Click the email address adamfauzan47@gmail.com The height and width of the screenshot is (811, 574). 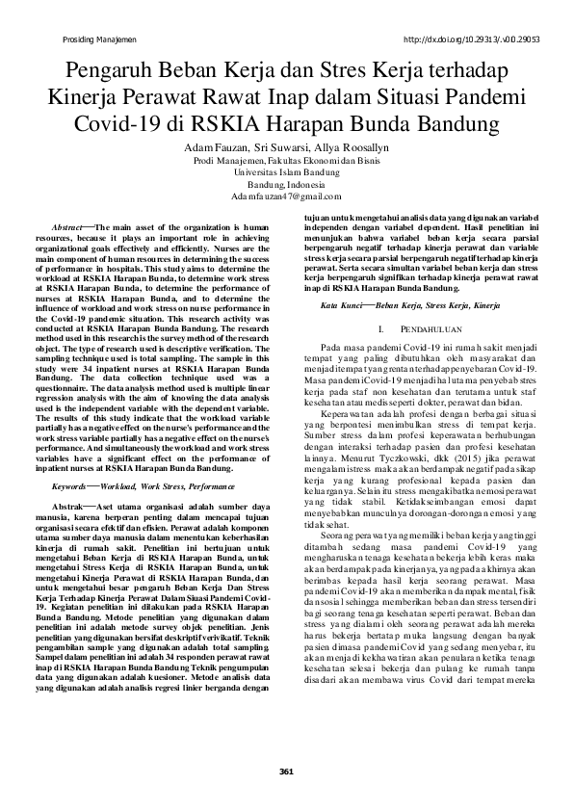click(287, 196)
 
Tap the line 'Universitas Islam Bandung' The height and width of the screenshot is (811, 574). click(287, 171)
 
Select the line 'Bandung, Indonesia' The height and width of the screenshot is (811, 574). click(287, 183)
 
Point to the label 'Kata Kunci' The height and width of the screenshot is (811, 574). click(343, 304)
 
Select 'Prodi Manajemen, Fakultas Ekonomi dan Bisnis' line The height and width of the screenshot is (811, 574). click(287, 160)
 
